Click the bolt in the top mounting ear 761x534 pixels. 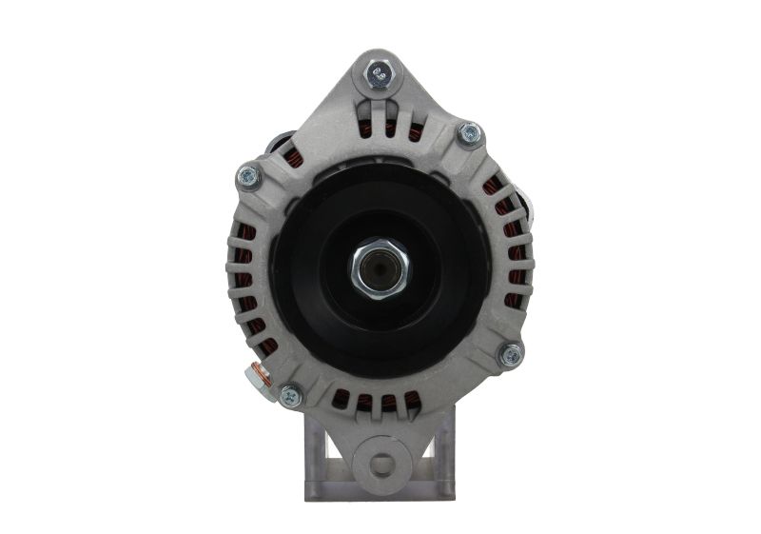(x=380, y=72)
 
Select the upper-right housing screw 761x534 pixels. (x=468, y=133)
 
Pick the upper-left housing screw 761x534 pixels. (x=247, y=174)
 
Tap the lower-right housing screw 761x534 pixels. (x=512, y=355)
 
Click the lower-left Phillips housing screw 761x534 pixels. (x=290, y=392)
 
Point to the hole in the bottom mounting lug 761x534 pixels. (x=381, y=465)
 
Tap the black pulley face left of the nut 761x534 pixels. (x=314, y=271)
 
